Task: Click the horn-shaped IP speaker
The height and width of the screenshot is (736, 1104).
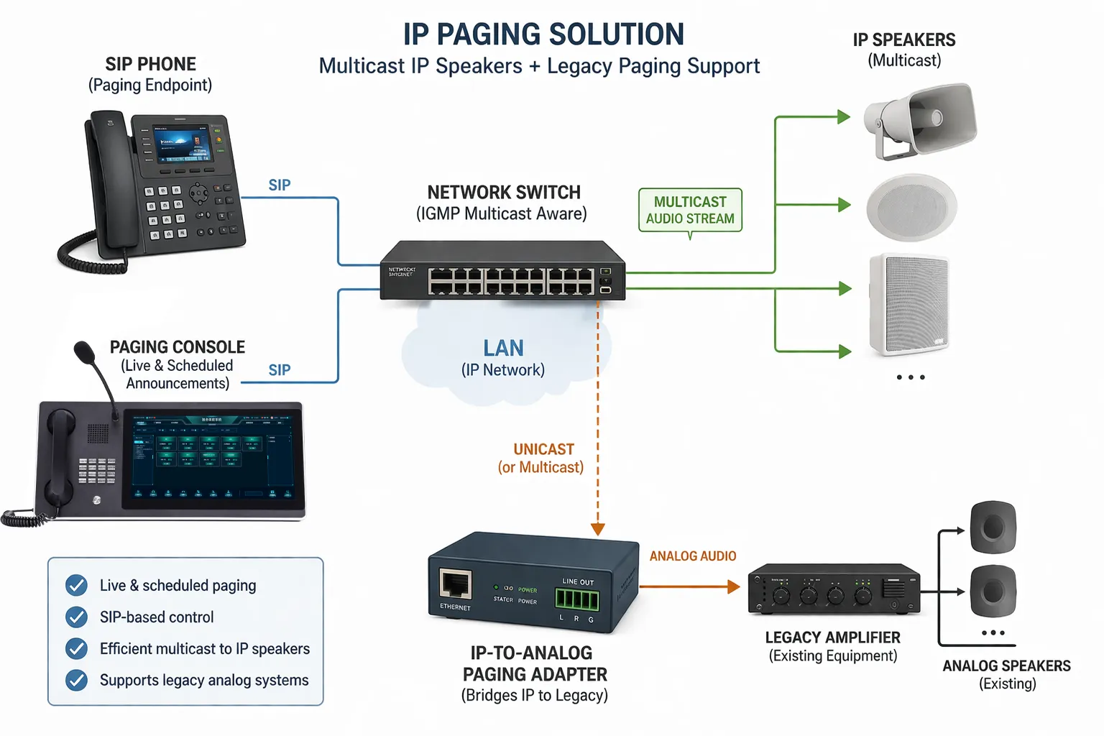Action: [x=924, y=120]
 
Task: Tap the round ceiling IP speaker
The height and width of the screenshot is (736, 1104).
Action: [x=911, y=207]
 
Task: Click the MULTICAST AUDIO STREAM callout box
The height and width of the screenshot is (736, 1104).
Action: [x=690, y=210]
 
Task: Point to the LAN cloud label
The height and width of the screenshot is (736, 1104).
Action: [x=503, y=349]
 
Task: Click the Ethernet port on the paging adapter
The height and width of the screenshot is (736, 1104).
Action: [x=455, y=584]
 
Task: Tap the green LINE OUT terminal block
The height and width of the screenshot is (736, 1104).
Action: [x=576, y=598]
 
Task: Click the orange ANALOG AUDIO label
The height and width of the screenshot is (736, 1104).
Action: [x=693, y=556]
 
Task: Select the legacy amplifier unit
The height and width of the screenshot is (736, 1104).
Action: [x=834, y=589]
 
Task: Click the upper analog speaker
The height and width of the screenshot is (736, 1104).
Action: [x=993, y=528]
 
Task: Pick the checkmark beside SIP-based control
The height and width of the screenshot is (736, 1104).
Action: [x=76, y=617]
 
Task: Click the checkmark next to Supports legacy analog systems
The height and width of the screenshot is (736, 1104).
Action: [x=76, y=680]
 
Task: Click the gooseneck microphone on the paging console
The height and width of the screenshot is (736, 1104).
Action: [x=86, y=354]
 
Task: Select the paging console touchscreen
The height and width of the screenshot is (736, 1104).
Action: [x=211, y=457]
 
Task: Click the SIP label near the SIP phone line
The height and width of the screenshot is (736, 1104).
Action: [x=280, y=185]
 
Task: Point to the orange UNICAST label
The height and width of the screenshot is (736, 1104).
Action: [x=543, y=449]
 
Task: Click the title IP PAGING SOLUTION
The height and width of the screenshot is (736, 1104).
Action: [x=543, y=34]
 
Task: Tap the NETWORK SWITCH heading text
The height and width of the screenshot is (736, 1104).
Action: [x=504, y=193]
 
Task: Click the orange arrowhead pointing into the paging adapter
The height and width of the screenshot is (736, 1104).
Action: [x=598, y=530]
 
